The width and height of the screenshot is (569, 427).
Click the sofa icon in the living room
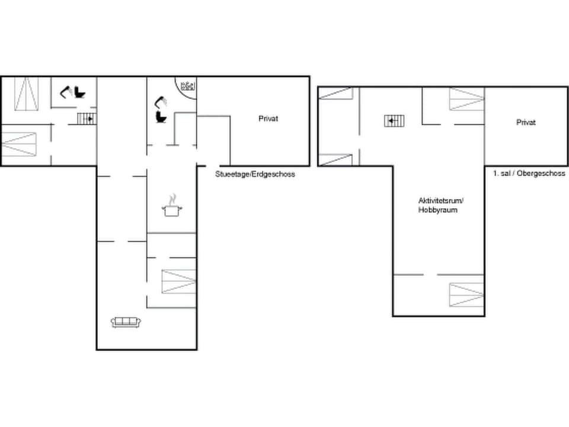(x=126, y=321)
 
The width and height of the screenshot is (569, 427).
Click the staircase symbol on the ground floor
(x=87, y=119)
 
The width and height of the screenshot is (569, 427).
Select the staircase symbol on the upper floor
(x=394, y=121)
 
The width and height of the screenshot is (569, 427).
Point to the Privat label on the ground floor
(x=268, y=119)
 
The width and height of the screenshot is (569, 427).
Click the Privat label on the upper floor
(x=526, y=123)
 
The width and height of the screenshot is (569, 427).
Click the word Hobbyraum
(x=437, y=210)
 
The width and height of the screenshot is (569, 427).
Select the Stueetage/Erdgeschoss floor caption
(x=255, y=174)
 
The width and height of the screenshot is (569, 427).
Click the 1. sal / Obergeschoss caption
(x=529, y=173)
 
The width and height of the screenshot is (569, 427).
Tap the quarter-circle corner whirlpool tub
(x=187, y=87)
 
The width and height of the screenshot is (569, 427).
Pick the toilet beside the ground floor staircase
(x=79, y=93)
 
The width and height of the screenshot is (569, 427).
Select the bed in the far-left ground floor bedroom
(x=19, y=144)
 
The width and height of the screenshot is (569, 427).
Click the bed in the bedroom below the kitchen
(x=178, y=282)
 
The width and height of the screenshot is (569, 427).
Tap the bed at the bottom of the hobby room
(x=466, y=295)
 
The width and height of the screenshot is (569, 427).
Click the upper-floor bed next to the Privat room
(x=466, y=98)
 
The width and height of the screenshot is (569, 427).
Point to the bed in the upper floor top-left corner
(x=335, y=93)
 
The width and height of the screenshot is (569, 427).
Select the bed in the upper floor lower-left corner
(x=335, y=160)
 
